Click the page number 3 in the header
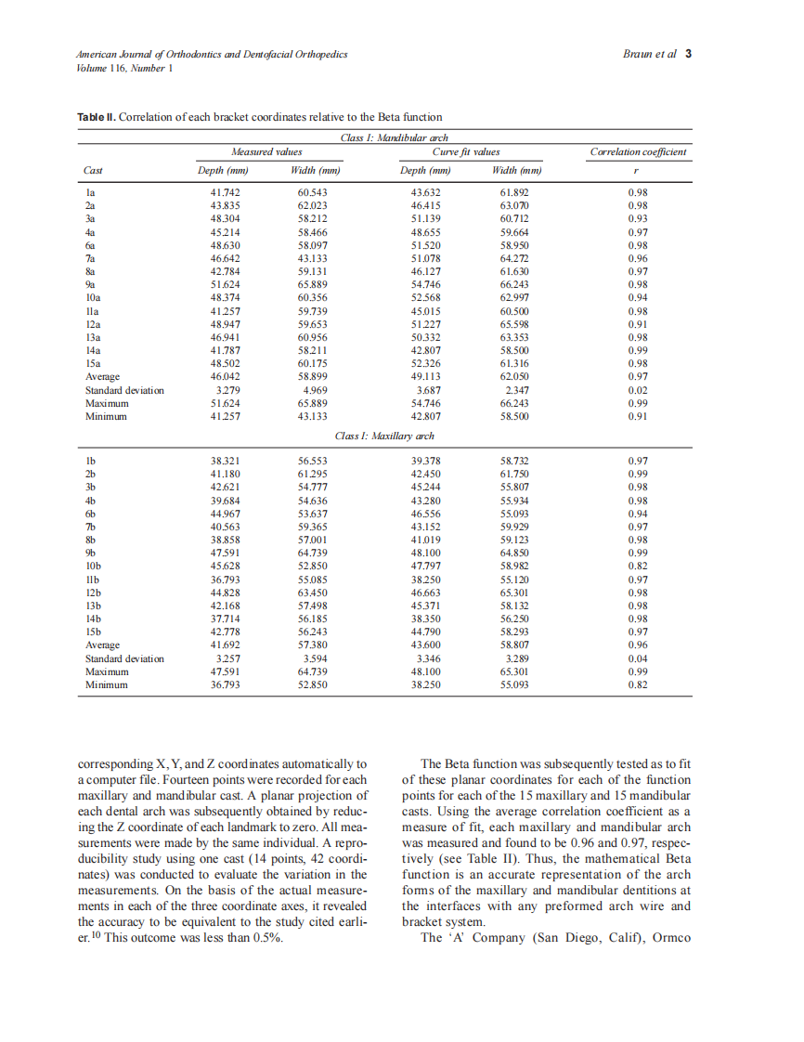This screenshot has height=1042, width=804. tap(688, 54)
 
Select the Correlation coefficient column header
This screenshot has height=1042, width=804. tap(638, 151)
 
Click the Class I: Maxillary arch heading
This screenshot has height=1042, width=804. tap(384, 436)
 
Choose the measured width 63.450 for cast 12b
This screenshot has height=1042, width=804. tap(313, 592)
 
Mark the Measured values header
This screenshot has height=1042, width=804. tap(266, 151)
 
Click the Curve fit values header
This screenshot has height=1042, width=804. tap(466, 151)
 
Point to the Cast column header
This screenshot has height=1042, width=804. tap(93, 171)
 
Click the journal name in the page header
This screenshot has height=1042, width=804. tap(212, 55)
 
